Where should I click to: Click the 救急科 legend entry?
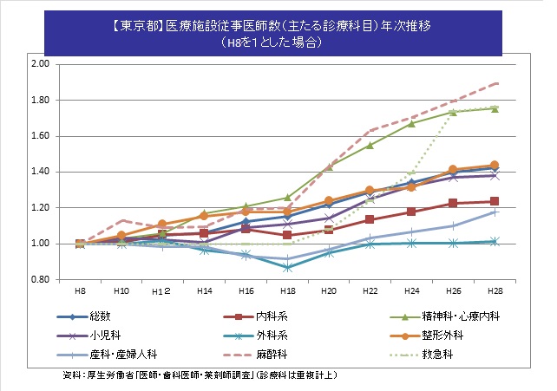tap(448, 354)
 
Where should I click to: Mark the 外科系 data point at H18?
tap(287, 268)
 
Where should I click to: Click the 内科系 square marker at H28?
tap(494, 201)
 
